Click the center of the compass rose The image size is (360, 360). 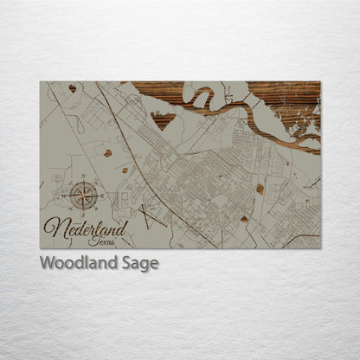[x=84, y=196]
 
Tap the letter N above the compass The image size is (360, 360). [x=84, y=177]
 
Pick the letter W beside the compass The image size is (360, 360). [x=65, y=196]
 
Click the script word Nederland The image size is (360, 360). [x=86, y=230]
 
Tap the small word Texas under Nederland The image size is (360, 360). [x=100, y=241]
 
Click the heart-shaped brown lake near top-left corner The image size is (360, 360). [x=72, y=88]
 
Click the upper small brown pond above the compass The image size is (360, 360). [x=107, y=154]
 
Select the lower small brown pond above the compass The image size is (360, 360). [x=125, y=170]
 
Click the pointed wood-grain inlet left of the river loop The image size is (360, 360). [x=161, y=117]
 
